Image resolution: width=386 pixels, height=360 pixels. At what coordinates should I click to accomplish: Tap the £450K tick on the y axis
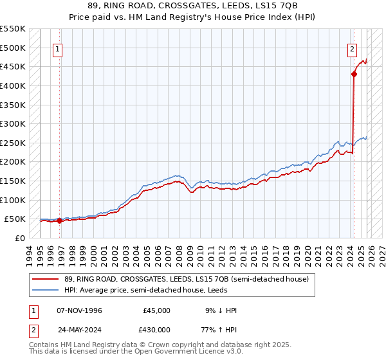(12, 67)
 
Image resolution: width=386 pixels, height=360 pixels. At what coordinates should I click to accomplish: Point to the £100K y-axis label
(12, 201)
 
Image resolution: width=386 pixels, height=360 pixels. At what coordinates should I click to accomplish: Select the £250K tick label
(12, 143)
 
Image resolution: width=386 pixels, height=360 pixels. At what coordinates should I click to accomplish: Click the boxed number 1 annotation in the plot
(58, 48)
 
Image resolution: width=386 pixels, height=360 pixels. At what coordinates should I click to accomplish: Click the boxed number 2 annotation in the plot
(353, 48)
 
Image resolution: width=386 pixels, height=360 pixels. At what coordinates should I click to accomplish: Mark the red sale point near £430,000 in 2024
(354, 75)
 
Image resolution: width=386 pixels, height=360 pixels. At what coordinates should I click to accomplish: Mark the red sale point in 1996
(59, 221)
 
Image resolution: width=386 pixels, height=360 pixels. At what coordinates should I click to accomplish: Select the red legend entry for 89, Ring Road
(187, 279)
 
